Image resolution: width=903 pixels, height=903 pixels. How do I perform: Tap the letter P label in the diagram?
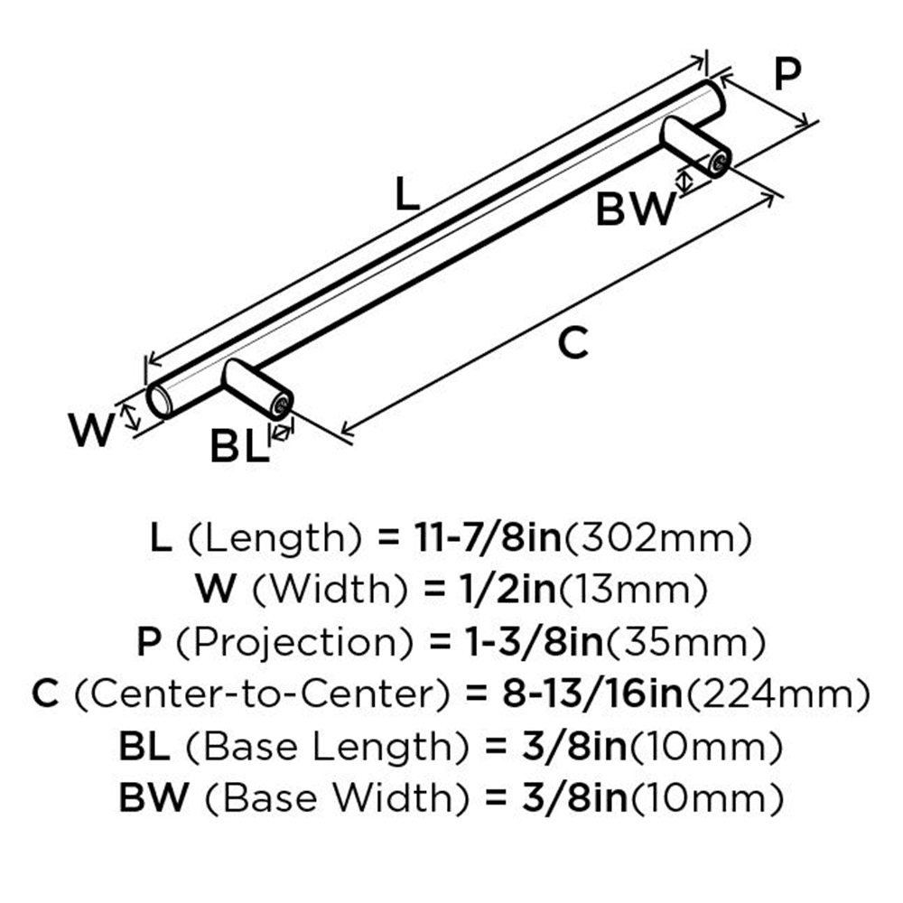pyautogui.click(x=787, y=74)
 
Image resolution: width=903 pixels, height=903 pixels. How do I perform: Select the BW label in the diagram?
pyautogui.click(x=636, y=209)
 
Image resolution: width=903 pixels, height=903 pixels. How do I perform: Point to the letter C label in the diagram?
pyautogui.click(x=573, y=343)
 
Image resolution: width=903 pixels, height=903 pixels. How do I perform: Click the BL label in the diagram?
pyautogui.click(x=239, y=446)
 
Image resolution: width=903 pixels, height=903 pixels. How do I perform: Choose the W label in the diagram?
pyautogui.click(x=91, y=430)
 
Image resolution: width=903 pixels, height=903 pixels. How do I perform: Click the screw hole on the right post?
pyautogui.click(x=720, y=163)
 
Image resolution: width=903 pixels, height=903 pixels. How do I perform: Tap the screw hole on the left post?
pyautogui.click(x=282, y=406)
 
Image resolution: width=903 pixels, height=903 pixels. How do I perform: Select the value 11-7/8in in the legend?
pyautogui.click(x=488, y=538)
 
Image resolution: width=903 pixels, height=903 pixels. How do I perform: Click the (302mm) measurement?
pyautogui.click(x=657, y=539)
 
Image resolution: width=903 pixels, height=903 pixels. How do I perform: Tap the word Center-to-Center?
pyautogui.click(x=262, y=694)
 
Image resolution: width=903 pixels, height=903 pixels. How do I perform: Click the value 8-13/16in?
pyautogui.click(x=592, y=694)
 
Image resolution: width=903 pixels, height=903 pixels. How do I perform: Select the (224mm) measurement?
pyautogui.click(x=777, y=695)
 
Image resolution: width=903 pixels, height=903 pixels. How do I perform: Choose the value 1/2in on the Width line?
pyautogui.click(x=507, y=590)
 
